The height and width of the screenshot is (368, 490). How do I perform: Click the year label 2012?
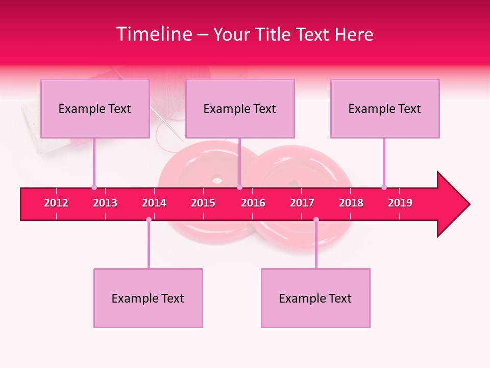coord(56,203)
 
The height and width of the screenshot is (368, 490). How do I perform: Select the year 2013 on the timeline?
coord(105,203)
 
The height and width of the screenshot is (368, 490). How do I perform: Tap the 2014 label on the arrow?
coord(154,203)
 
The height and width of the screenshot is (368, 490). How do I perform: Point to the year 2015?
coord(203,203)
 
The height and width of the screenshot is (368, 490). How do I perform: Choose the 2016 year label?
coord(253,203)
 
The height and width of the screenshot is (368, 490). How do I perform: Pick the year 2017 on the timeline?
coord(302,203)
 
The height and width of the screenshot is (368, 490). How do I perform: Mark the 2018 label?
coord(351,203)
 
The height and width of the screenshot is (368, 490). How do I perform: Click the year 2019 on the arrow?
coord(400,203)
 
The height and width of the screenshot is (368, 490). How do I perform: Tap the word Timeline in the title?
coord(154,34)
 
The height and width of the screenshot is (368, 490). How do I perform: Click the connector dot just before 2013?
coord(94,187)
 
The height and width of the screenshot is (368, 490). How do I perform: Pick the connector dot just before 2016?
coord(239,187)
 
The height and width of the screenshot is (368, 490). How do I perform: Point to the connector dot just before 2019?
coord(384,187)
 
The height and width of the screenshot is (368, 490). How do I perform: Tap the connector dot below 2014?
coord(149,220)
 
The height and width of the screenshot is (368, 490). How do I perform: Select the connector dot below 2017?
coord(316,220)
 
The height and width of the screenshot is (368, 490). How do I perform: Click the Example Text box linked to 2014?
coord(148,298)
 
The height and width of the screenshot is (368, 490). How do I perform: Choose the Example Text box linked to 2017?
coord(315,298)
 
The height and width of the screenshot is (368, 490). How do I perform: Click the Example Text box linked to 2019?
coord(385,108)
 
